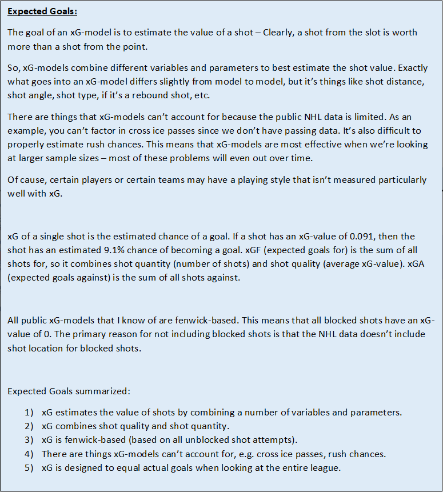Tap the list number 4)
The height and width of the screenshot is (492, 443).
click(29, 454)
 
